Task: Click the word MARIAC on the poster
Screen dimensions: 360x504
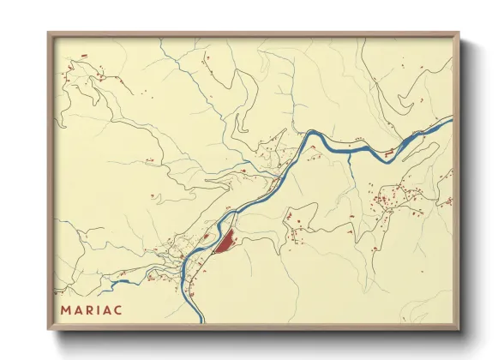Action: coord(91,309)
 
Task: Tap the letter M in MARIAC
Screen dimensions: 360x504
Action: coord(66,309)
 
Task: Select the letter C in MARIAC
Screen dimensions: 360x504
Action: coord(117,309)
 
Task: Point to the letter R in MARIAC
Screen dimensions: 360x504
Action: coord(88,309)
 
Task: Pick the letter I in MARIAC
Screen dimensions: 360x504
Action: coord(98,309)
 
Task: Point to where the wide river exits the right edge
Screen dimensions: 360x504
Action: coord(451,122)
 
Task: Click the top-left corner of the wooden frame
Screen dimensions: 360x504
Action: coord(49,33)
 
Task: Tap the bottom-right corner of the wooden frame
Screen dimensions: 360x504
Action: coord(459,329)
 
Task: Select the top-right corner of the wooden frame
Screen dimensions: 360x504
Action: coord(459,33)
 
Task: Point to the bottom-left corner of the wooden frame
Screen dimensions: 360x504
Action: coord(49,329)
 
